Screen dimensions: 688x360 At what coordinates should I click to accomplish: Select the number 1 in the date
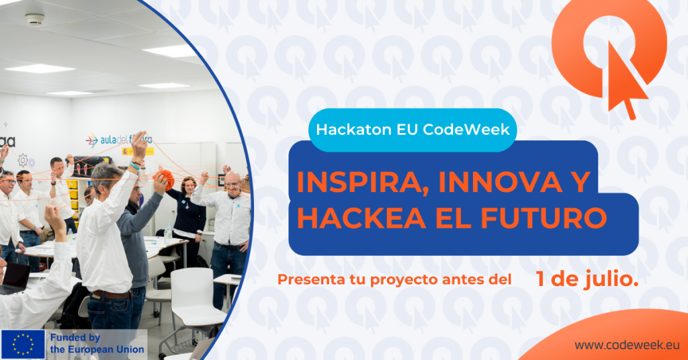(x=540, y=279)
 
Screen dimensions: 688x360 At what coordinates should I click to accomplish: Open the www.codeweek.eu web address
(x=627, y=345)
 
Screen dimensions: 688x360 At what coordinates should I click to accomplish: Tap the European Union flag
(x=23, y=345)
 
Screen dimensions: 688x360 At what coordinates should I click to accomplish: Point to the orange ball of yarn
(x=164, y=179)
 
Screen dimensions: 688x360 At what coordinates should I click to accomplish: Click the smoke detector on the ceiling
(x=35, y=19)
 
